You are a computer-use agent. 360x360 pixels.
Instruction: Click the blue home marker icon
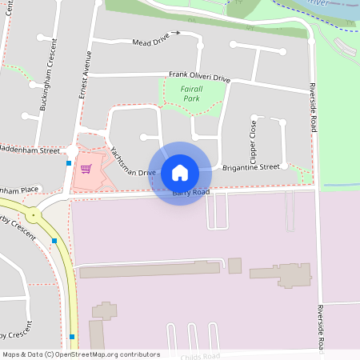(179, 173)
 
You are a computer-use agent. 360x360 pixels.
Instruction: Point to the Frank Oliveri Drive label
(199, 78)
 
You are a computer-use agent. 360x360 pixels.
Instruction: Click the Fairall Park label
(191, 94)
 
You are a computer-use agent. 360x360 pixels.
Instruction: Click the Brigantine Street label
(251, 167)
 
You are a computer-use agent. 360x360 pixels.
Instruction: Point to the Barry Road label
(191, 193)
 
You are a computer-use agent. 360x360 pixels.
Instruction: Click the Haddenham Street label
(30, 150)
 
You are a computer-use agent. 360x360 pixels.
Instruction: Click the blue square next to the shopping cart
(69, 164)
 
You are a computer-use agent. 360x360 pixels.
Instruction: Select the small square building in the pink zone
(234, 265)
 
